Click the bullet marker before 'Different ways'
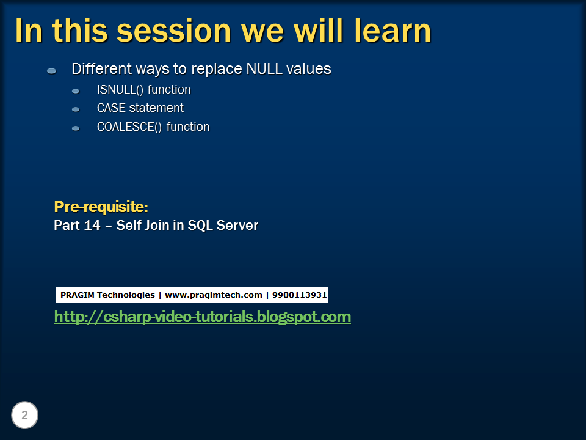tap(52, 71)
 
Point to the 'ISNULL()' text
tap(120, 90)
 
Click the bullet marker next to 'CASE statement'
tap(76, 109)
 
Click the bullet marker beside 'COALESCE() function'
tap(76, 128)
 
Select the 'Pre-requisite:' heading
tap(101, 207)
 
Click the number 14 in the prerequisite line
tap(92, 226)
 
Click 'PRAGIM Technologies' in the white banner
tap(107, 295)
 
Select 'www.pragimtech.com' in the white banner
tap(213, 295)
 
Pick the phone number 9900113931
tap(299, 295)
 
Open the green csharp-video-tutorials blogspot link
tap(202, 317)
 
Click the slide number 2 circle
tap(24, 416)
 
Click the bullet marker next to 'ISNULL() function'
tap(76, 91)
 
